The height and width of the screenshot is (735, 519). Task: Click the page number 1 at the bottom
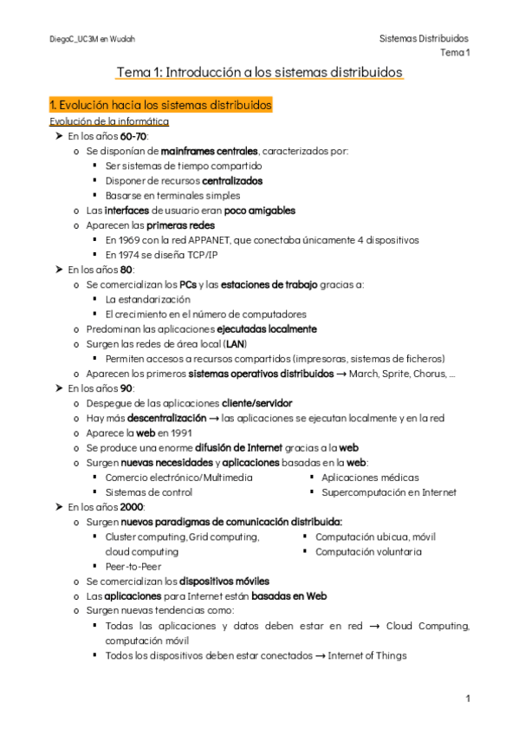click(x=467, y=699)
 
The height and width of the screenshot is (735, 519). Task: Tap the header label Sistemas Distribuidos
click(x=424, y=39)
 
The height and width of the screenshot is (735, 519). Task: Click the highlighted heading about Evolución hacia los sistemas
click(x=161, y=105)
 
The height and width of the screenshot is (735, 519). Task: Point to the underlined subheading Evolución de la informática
click(x=108, y=121)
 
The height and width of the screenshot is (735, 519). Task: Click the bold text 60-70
click(x=134, y=136)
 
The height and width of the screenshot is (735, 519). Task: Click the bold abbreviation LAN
click(x=235, y=344)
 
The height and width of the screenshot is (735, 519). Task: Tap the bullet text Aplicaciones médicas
click(x=370, y=477)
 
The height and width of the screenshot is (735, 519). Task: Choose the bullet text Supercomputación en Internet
click(x=389, y=492)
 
